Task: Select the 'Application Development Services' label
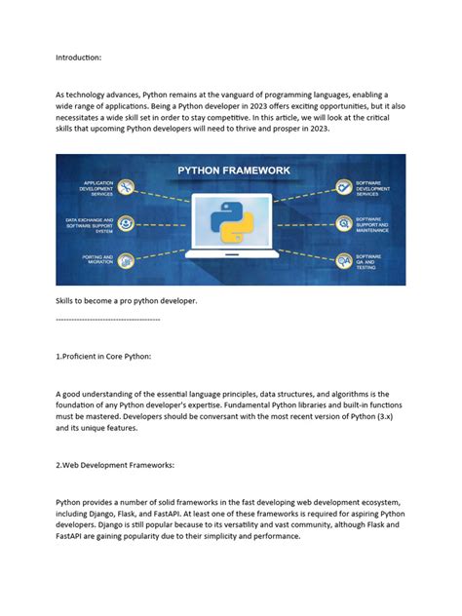99,187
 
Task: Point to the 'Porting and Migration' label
99,260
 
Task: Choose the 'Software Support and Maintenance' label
374,225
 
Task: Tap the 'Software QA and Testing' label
371,260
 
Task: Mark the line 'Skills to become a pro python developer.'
127,301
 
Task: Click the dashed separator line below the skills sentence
108,319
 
